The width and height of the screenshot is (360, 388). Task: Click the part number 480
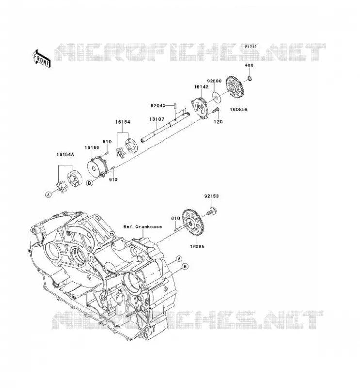(x=249, y=65)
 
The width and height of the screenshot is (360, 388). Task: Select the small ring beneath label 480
(x=250, y=79)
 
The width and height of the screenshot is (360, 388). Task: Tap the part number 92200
(x=214, y=81)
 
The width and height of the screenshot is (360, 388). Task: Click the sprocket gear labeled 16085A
(x=234, y=87)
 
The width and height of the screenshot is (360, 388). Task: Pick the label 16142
(x=201, y=87)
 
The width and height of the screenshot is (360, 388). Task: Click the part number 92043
(x=158, y=106)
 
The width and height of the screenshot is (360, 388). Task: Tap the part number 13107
(x=157, y=119)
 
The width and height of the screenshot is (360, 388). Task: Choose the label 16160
(x=92, y=148)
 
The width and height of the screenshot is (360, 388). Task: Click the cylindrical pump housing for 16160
(x=97, y=166)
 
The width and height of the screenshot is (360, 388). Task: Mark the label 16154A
(x=65, y=155)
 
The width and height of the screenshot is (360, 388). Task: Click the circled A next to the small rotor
(x=49, y=195)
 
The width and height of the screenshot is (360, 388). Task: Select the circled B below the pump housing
(x=90, y=183)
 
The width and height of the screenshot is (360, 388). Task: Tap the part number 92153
(x=212, y=196)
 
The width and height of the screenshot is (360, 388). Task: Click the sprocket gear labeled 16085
(x=192, y=222)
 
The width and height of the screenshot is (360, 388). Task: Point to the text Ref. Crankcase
(x=143, y=226)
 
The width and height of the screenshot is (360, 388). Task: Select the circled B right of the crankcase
(x=185, y=266)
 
